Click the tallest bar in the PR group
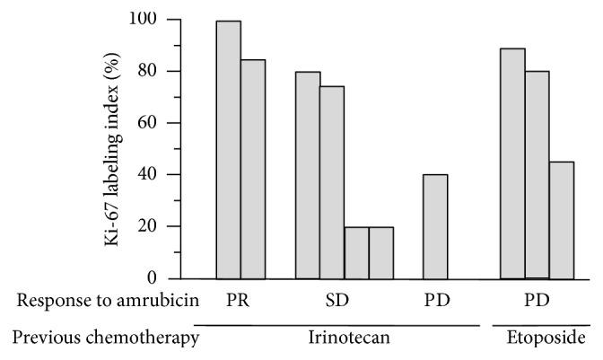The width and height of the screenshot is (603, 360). [x=229, y=149]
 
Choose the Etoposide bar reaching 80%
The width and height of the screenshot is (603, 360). [x=537, y=174]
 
